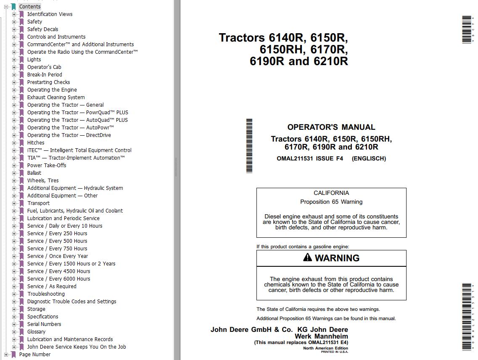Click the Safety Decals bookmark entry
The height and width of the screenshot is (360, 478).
42,29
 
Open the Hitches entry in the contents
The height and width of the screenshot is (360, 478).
36,143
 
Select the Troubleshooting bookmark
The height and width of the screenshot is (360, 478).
46,294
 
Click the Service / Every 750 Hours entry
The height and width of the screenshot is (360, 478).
57,249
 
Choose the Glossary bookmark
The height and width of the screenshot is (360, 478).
36,332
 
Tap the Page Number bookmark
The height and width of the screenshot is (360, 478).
34,355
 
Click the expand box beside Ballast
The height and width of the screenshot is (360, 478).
14,173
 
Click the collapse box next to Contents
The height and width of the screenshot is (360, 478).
6,7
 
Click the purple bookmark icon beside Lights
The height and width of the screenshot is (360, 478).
21,60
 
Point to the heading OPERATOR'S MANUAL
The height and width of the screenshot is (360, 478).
331,127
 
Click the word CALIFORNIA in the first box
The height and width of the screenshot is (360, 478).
331,193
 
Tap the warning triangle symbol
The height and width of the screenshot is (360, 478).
308,258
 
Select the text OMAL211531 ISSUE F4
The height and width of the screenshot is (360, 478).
310,159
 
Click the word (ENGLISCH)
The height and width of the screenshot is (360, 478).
369,159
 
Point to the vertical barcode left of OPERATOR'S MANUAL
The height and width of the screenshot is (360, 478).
249,146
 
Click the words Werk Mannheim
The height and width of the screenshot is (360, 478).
321,336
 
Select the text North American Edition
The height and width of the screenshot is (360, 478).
325,348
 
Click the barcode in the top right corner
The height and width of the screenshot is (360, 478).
467,29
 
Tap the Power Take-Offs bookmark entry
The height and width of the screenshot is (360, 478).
47,166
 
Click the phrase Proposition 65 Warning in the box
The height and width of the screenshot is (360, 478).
331,202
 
